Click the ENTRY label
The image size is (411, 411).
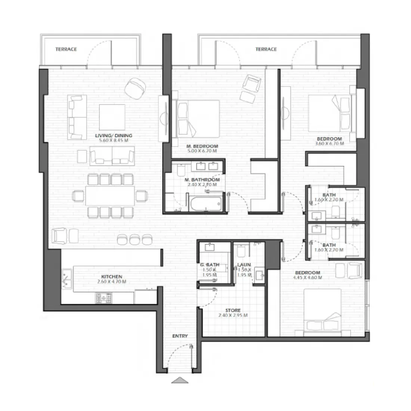180,336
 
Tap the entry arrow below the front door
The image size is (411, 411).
180,380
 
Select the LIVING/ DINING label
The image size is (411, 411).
115,136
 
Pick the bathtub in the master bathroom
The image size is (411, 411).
205,203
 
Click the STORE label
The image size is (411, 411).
233,310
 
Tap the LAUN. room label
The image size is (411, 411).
244,265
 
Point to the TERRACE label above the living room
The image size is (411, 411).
66,49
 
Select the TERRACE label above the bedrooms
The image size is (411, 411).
266,49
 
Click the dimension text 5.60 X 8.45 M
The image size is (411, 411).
115,141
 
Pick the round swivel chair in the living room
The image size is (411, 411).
135,87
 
